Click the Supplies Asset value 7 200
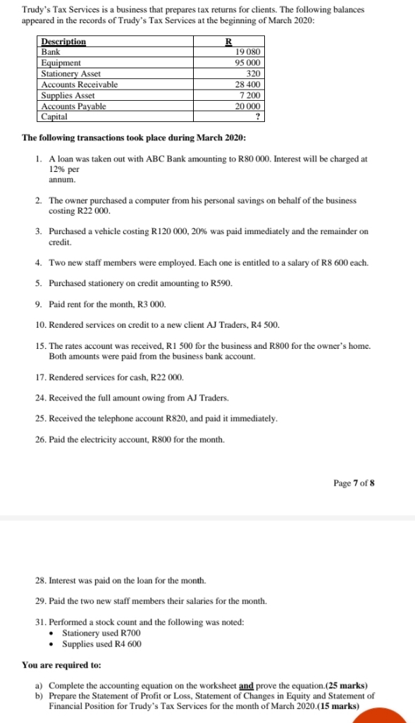[x=251, y=94]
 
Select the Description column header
[x=63, y=42]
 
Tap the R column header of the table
[x=228, y=42]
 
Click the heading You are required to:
[x=62, y=665]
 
